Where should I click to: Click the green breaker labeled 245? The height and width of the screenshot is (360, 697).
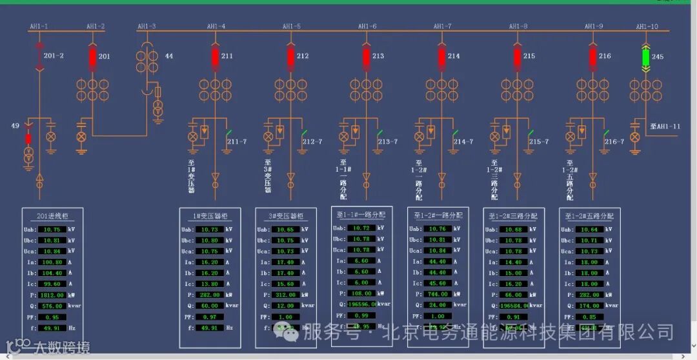point(646,57)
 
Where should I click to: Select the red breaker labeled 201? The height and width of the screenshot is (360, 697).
point(92,57)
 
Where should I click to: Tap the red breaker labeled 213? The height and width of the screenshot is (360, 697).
point(367,57)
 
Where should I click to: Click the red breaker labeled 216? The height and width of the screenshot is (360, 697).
point(593,57)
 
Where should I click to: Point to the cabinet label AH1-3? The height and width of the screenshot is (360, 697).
point(146,26)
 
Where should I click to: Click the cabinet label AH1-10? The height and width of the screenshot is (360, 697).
point(647,26)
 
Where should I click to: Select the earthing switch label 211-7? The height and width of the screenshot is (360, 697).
point(237,141)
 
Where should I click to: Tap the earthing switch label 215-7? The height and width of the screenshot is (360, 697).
point(539,141)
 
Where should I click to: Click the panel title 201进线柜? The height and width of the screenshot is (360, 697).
point(53,216)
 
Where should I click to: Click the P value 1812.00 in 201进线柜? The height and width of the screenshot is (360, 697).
point(52,295)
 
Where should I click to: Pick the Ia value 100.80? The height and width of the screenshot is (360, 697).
point(52,262)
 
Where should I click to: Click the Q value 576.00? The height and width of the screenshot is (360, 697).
point(52,306)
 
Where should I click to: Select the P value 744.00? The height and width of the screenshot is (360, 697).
point(437,294)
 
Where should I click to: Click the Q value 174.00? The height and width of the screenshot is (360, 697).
point(588,306)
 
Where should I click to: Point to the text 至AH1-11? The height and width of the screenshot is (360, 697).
point(665,126)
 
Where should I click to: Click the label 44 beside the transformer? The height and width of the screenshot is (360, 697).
point(169,56)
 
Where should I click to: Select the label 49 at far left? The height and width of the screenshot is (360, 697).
point(15,125)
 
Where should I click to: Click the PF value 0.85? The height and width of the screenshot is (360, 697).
point(588,317)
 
